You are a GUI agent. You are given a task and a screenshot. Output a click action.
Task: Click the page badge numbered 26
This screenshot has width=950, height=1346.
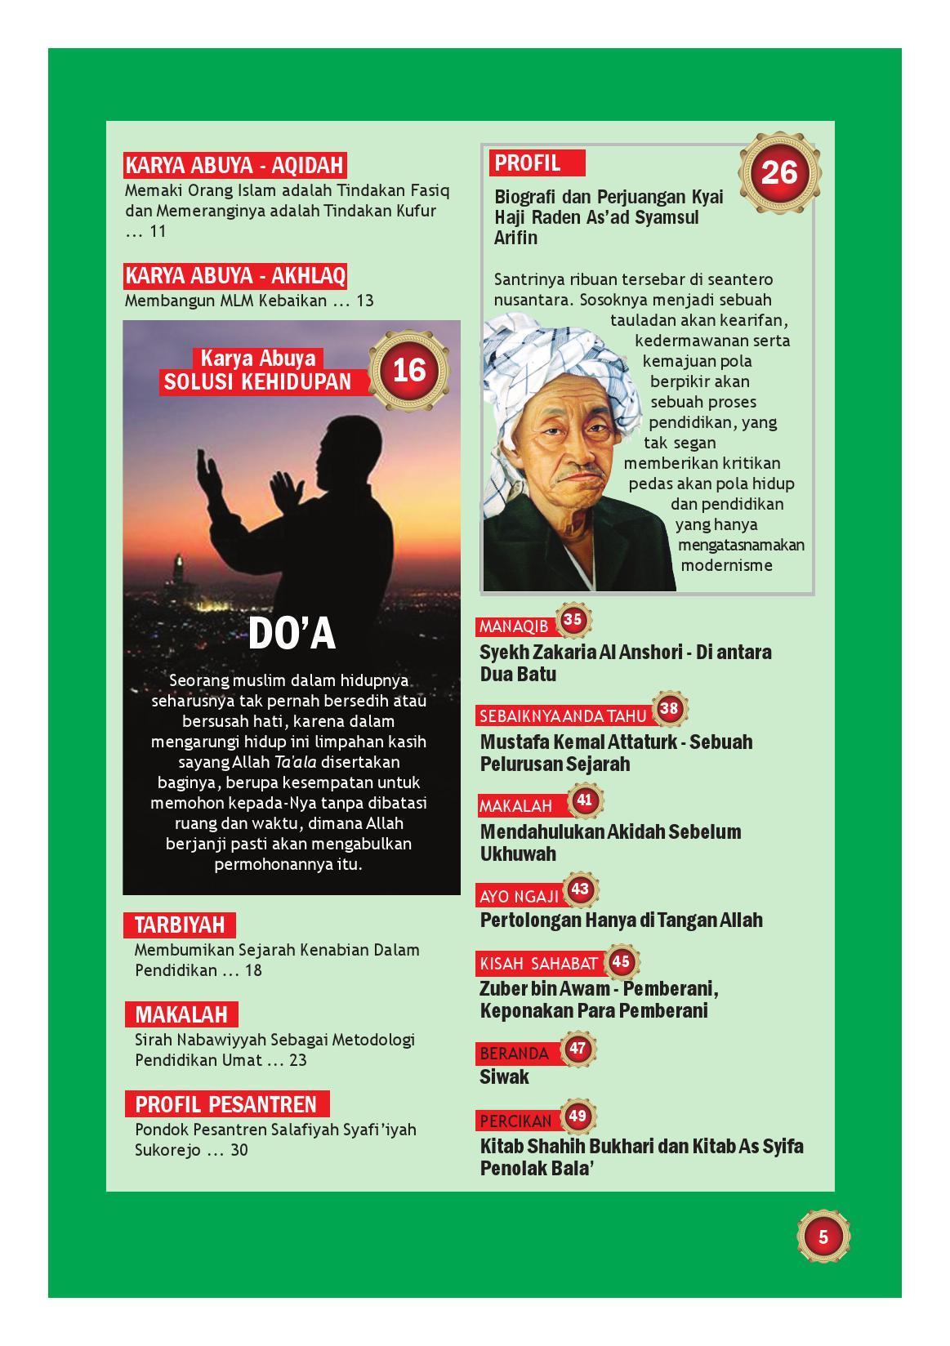coord(778,172)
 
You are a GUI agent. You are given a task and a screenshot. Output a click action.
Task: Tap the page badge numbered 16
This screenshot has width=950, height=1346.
coord(409,370)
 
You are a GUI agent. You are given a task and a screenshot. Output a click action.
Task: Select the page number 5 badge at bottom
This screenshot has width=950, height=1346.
coord(823,1237)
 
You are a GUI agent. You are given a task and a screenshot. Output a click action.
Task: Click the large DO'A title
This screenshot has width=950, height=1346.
coord(292,634)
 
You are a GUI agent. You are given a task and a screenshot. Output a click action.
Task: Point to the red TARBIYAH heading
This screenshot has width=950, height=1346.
coord(179,925)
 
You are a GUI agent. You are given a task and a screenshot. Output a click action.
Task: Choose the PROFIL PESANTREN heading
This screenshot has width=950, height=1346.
coord(226,1104)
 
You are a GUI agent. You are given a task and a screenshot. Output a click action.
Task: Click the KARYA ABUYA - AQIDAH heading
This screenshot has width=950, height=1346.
coord(234,166)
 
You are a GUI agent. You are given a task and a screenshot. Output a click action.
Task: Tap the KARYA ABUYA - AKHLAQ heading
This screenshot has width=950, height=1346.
coord(234,276)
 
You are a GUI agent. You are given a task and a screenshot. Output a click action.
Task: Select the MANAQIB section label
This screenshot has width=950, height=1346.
coord(514,626)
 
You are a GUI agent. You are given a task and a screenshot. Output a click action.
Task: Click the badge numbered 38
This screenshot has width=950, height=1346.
coord(669,708)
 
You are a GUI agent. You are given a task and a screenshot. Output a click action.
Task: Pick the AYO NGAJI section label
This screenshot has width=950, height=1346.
coord(519,896)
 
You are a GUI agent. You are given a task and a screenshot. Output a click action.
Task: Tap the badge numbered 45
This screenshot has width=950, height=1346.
coord(621,961)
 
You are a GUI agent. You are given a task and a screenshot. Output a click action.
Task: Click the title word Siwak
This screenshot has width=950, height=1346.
coord(504,1076)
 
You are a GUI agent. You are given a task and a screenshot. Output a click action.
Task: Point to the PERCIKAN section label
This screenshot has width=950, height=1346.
coord(515,1121)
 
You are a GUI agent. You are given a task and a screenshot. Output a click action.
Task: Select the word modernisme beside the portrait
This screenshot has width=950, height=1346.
coord(726,565)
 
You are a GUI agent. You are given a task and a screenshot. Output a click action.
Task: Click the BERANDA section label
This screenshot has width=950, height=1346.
coord(514,1053)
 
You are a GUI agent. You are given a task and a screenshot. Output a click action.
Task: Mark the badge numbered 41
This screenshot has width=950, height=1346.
coord(584,800)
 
